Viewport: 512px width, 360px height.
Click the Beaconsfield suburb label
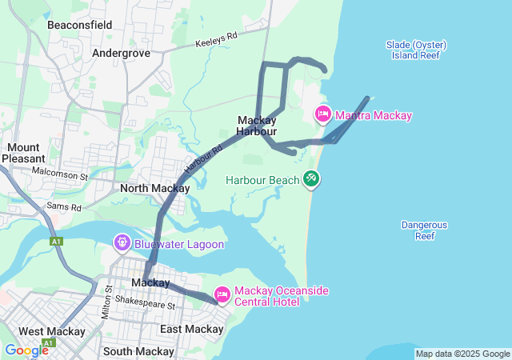click(x=80, y=26)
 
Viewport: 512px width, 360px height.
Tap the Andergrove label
click(x=122, y=53)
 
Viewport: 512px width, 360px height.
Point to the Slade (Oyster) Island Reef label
click(x=416, y=50)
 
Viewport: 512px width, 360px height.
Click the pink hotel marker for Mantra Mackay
click(x=323, y=114)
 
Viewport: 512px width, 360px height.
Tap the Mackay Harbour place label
click(x=257, y=126)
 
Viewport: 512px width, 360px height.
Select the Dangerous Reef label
click(x=424, y=230)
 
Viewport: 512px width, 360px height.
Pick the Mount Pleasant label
click(x=23, y=153)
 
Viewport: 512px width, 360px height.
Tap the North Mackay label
click(x=154, y=189)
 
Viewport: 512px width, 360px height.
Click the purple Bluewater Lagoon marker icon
click(x=122, y=241)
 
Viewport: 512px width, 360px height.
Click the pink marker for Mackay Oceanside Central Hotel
click(x=222, y=295)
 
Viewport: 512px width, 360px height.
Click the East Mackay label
click(x=191, y=329)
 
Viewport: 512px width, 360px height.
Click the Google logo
click(x=26, y=350)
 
